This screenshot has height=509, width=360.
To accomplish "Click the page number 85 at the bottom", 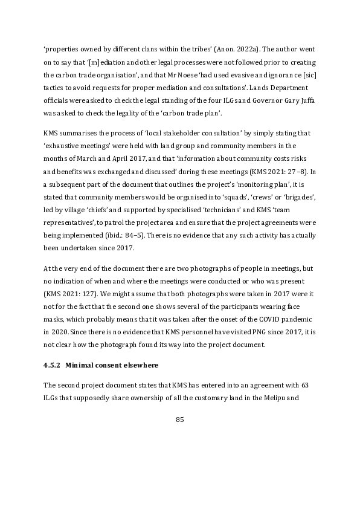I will click(179, 420).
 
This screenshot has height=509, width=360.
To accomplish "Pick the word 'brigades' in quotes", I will click(297, 198).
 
